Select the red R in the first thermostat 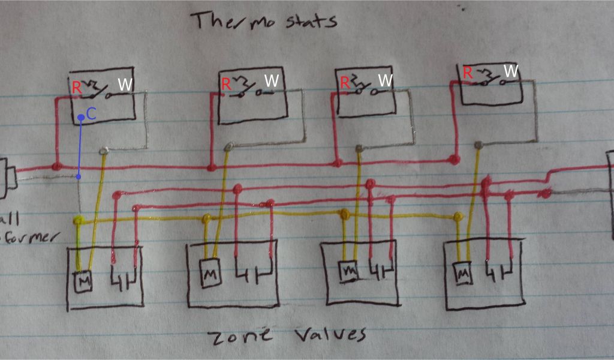coord(77,87)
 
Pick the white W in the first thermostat coord(124,85)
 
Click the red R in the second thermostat coord(226,84)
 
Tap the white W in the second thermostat coord(272,80)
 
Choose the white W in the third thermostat coord(386,80)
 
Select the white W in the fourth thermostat coord(511,71)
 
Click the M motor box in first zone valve coord(82,281)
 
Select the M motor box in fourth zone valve coord(462,274)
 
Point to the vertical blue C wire coord(80,147)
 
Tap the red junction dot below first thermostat coord(58,165)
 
